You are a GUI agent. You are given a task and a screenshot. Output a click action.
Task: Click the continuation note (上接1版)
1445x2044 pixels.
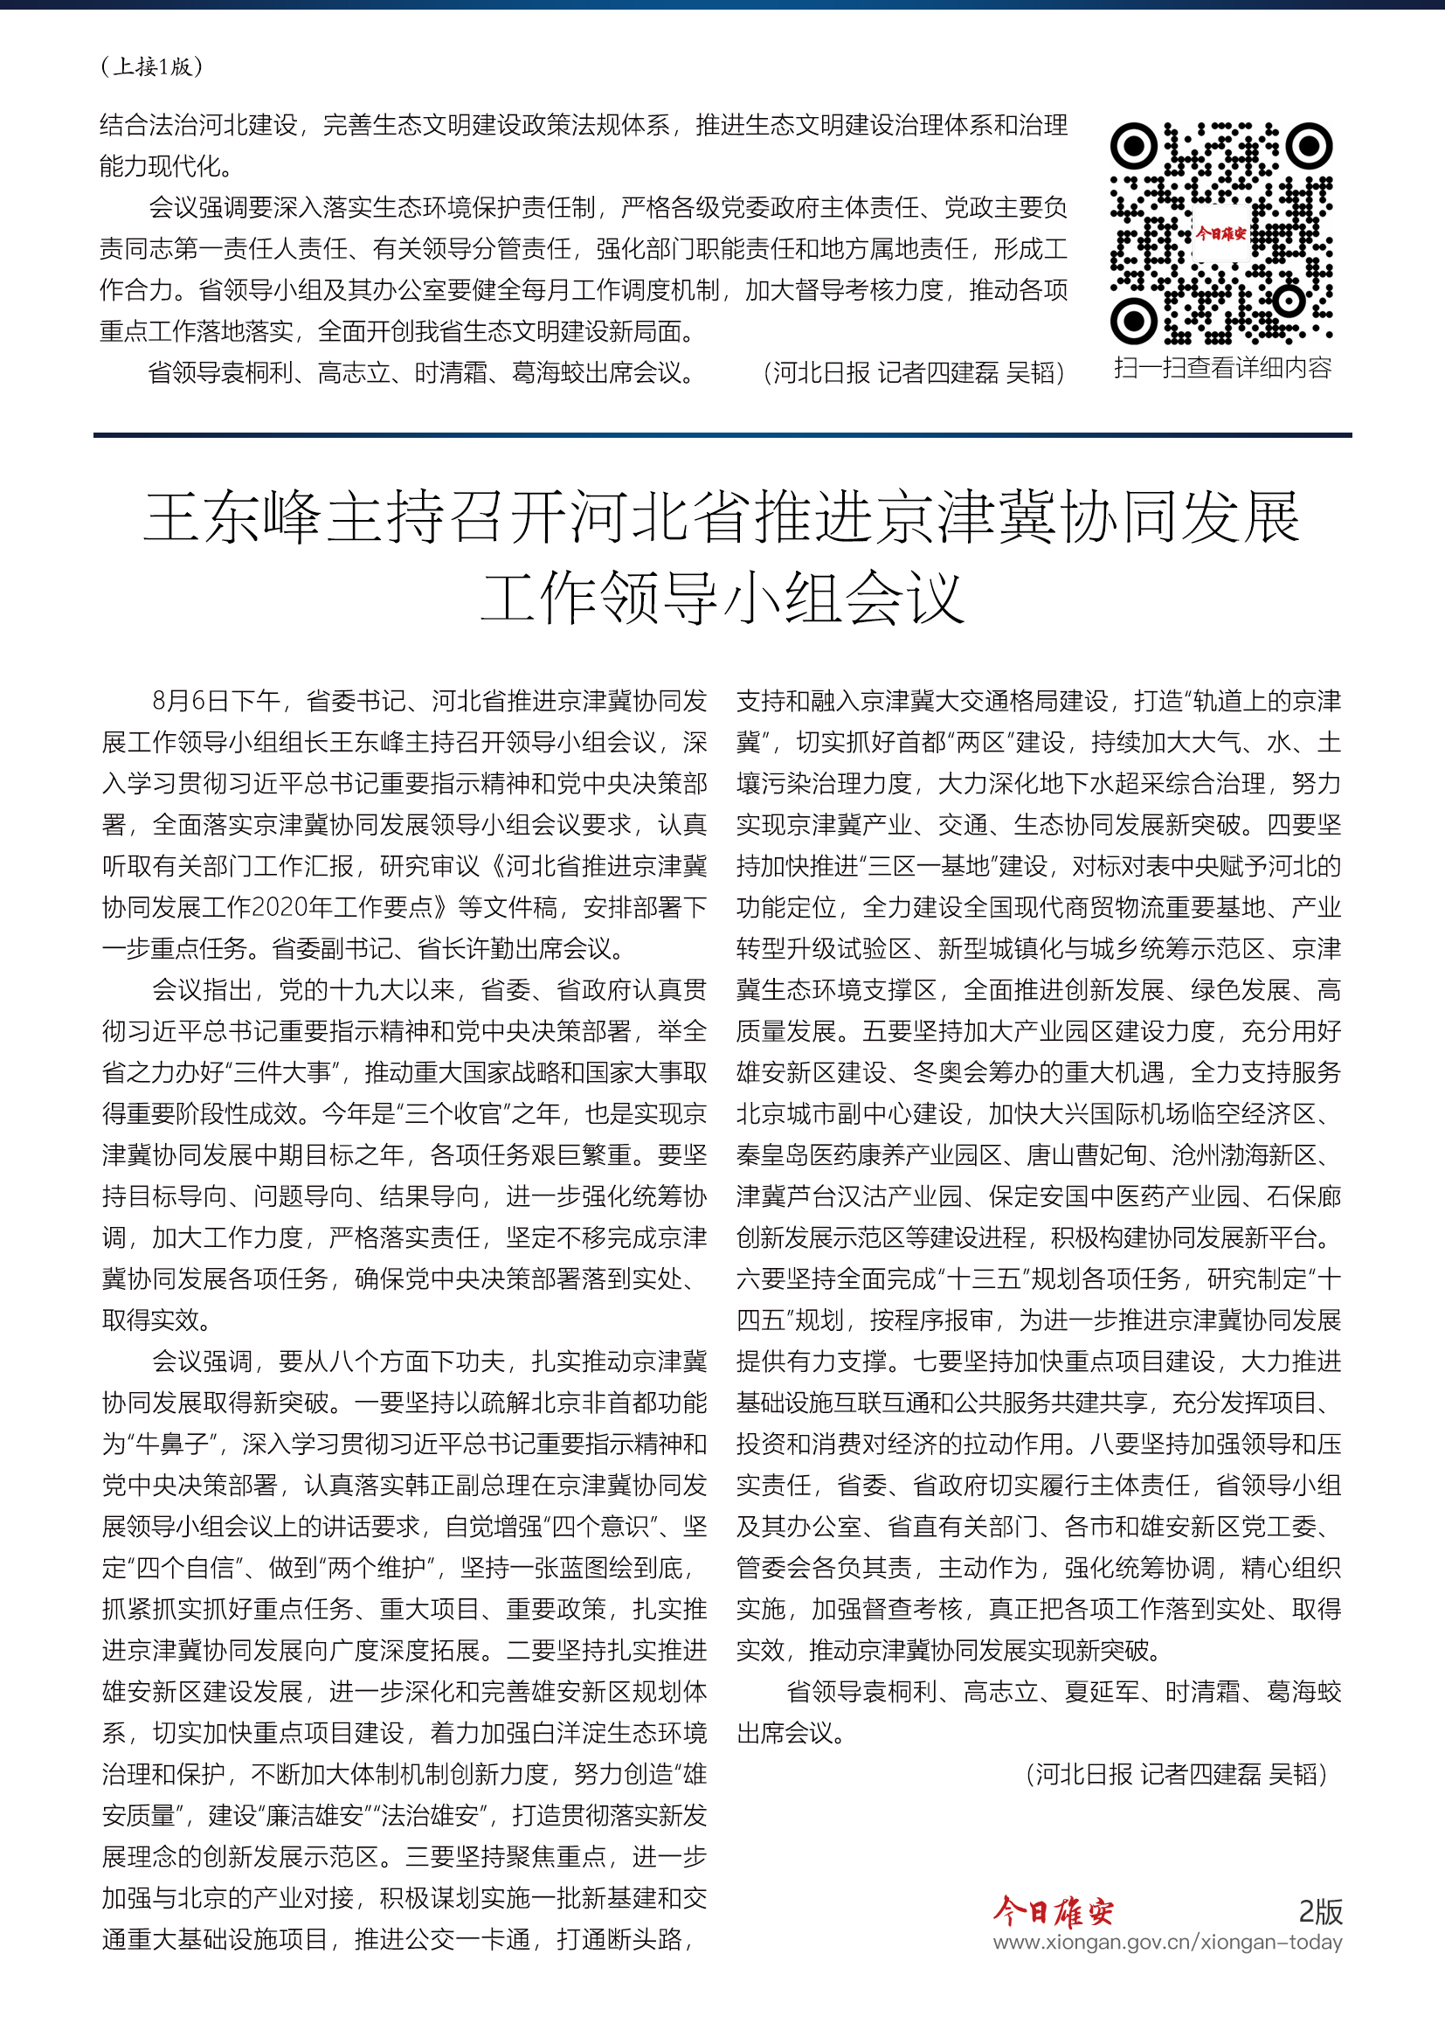(152, 66)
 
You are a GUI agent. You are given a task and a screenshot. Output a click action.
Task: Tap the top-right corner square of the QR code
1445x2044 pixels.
(1309, 145)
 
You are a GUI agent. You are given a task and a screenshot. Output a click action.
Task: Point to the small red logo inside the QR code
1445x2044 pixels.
(1220, 234)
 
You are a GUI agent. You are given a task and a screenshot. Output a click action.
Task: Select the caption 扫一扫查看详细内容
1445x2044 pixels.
(1222, 368)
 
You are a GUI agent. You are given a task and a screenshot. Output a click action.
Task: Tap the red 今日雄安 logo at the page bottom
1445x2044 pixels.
(1054, 1910)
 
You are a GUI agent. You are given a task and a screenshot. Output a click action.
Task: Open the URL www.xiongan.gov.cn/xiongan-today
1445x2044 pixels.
(1167, 1942)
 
